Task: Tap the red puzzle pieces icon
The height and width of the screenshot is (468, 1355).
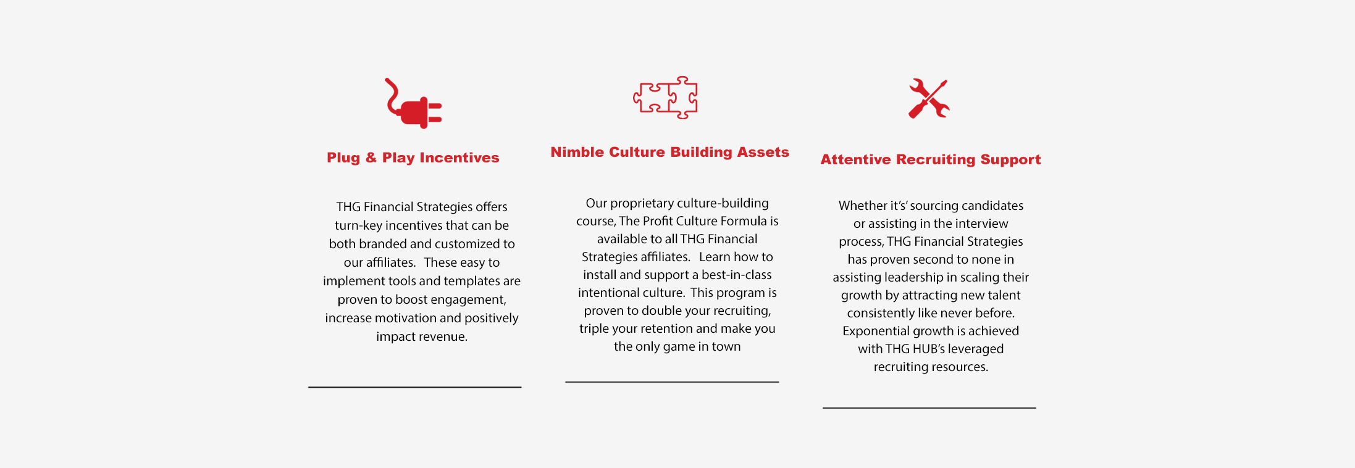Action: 666,98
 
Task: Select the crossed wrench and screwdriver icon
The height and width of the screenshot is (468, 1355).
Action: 929,98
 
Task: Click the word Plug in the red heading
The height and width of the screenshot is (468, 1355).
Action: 343,158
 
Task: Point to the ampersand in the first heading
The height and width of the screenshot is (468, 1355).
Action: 371,157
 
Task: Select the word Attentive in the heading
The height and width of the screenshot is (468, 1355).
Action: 855,159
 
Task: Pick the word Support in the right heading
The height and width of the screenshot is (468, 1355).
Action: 1010,160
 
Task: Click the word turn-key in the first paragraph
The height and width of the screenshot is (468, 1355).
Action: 358,226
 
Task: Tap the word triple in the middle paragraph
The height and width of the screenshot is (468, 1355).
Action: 594,329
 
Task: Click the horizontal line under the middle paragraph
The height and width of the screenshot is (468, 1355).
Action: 672,382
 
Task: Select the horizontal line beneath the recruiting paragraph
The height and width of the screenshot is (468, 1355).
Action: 929,408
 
